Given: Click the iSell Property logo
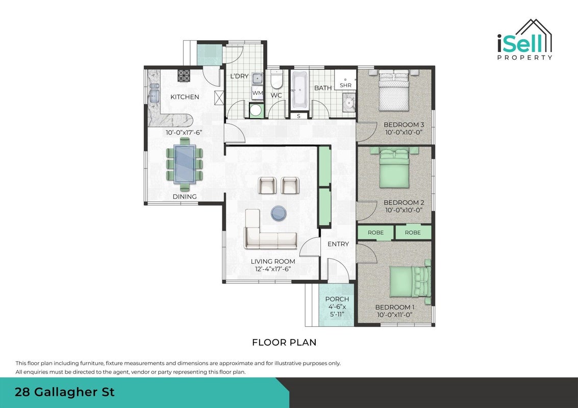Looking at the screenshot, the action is pyautogui.click(x=524, y=39).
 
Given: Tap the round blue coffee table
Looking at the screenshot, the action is pyautogui.click(x=279, y=213).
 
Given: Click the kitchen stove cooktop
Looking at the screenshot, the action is pyautogui.click(x=184, y=75).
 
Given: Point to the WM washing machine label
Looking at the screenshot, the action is pyautogui.click(x=257, y=93).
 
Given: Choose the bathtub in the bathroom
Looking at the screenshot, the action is pyautogui.click(x=299, y=90).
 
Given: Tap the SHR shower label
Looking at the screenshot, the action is pyautogui.click(x=346, y=85).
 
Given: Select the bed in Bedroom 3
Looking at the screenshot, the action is pyautogui.click(x=394, y=90).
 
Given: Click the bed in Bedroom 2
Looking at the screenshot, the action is pyautogui.click(x=394, y=168).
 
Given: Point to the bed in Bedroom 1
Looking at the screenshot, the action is pyautogui.click(x=410, y=281).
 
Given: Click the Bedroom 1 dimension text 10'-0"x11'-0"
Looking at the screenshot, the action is pyautogui.click(x=394, y=315).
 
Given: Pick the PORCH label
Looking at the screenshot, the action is pyautogui.click(x=337, y=299).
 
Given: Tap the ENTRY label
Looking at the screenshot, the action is pyautogui.click(x=338, y=244).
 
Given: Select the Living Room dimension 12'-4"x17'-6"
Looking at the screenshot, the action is pyautogui.click(x=273, y=269).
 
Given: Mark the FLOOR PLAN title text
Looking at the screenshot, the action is pyautogui.click(x=284, y=342).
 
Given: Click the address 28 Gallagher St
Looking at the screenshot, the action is pyautogui.click(x=64, y=392).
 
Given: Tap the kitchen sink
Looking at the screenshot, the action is pyautogui.click(x=154, y=93).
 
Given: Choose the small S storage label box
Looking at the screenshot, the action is pyautogui.click(x=298, y=116).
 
